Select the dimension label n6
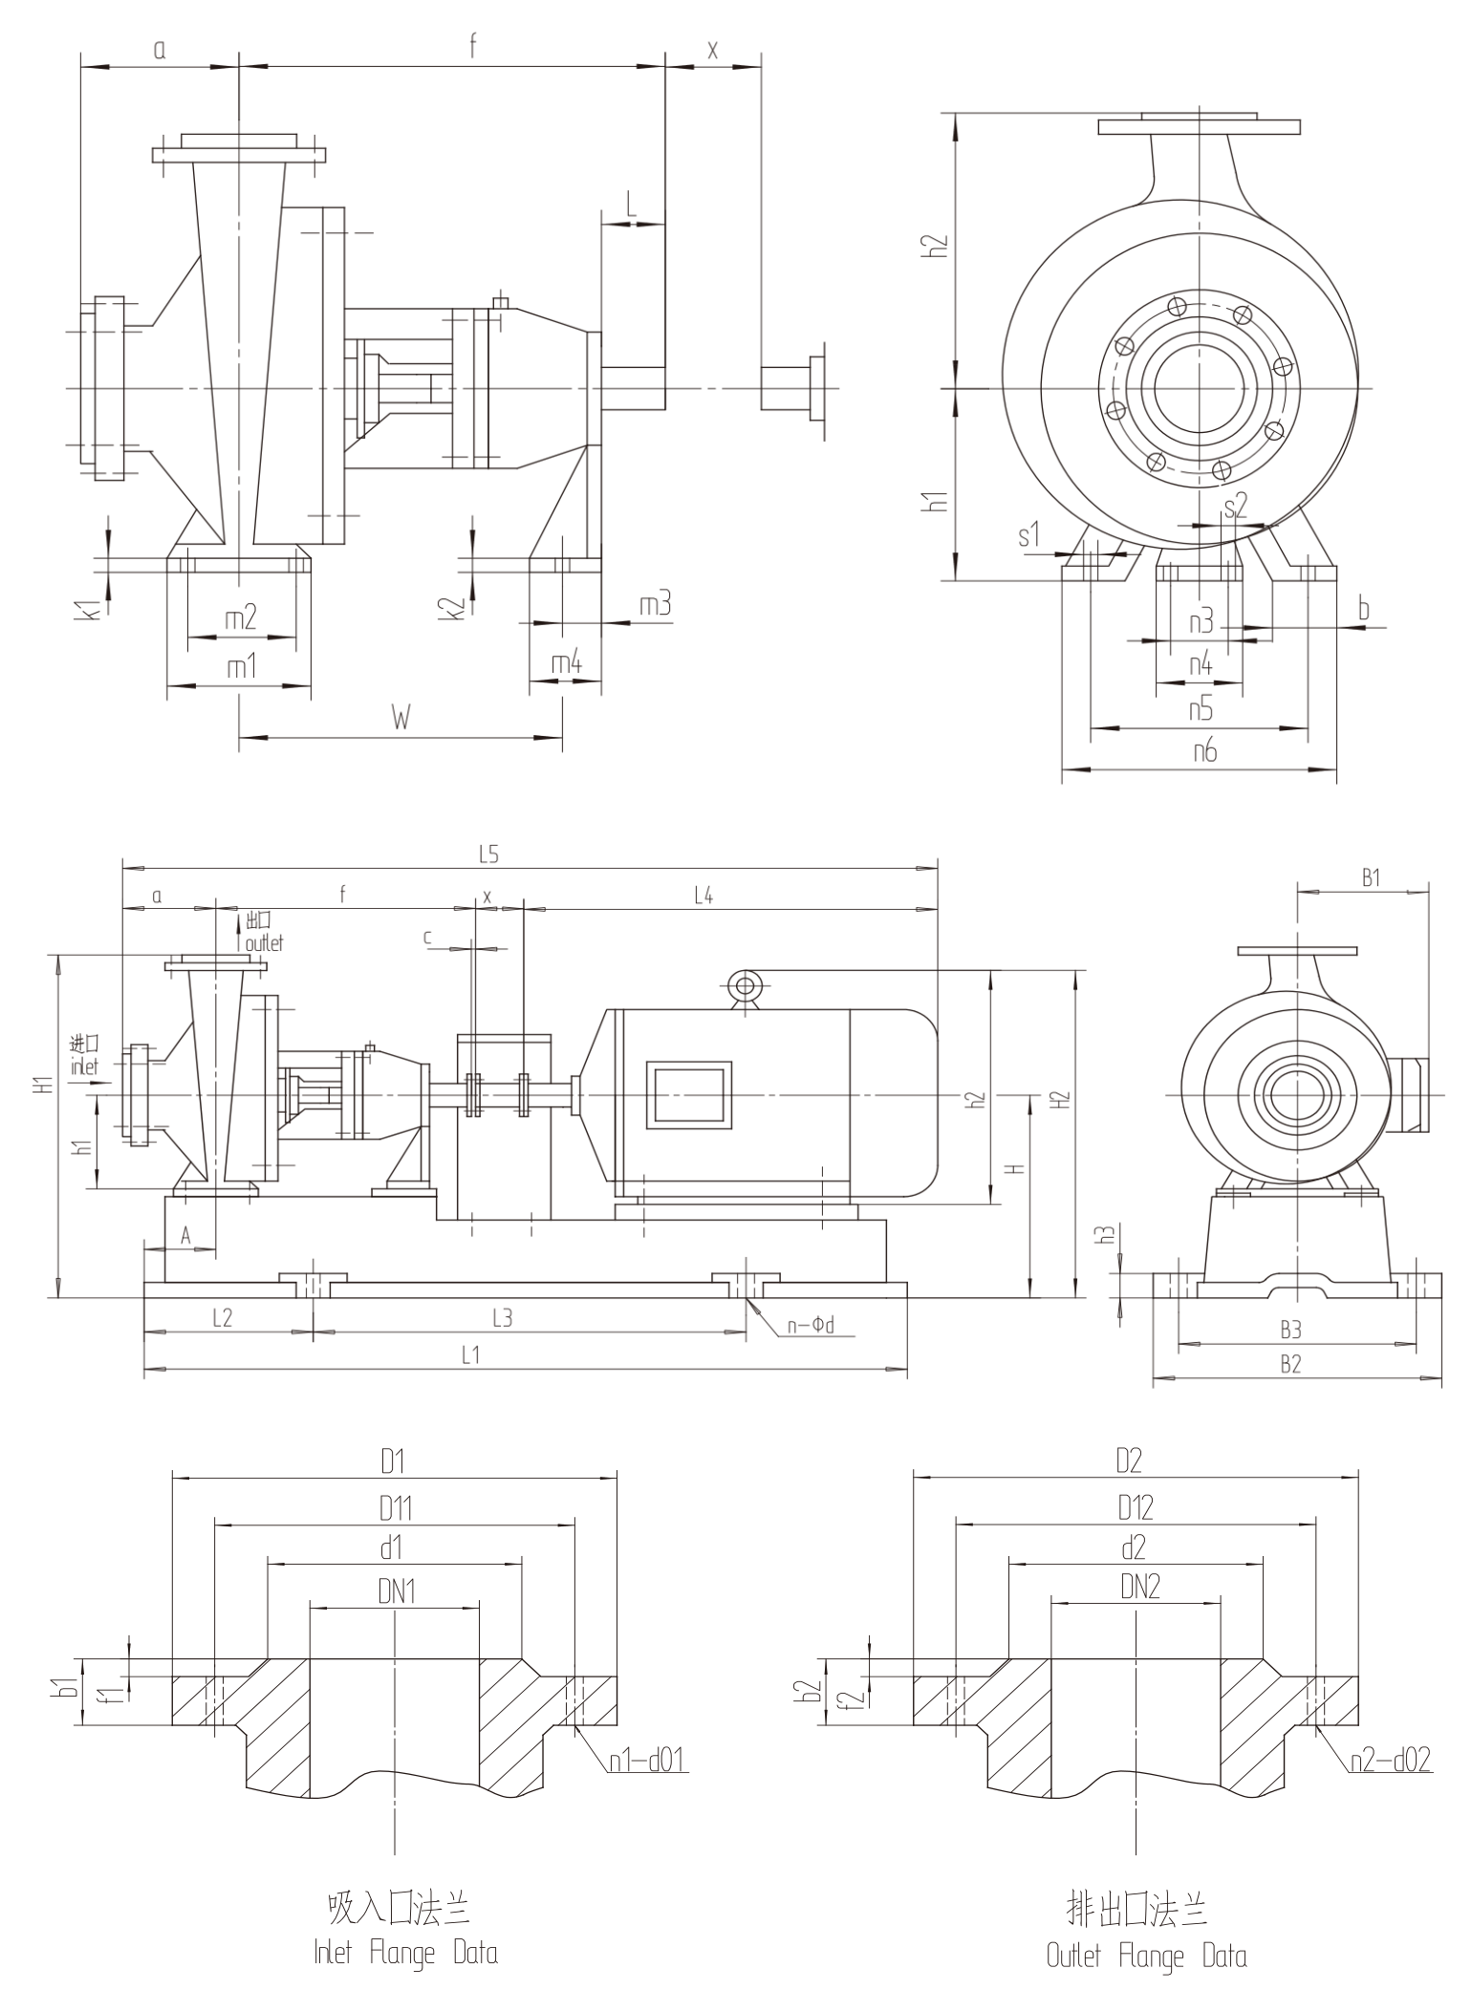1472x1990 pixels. point(1205,751)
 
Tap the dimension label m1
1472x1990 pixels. point(242,667)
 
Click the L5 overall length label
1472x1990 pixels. point(488,855)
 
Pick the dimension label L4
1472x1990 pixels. point(704,896)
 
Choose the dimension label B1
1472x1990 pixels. point(1371,877)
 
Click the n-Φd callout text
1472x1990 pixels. point(811,1326)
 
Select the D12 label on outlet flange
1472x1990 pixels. point(1136,1508)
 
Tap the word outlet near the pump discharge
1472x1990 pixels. point(264,942)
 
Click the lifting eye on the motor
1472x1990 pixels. point(743,984)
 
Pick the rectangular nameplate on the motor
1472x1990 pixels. point(688,1094)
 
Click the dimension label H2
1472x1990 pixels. point(1061,1099)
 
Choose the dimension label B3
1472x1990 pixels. point(1290,1330)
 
